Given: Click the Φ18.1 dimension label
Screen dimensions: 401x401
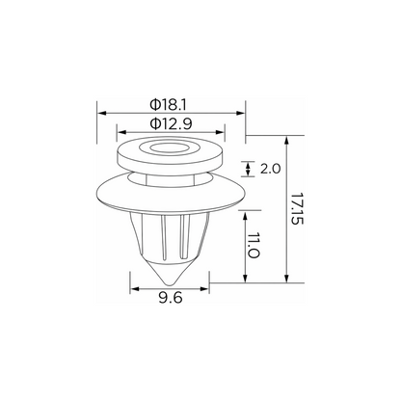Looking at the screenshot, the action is [x=168, y=105].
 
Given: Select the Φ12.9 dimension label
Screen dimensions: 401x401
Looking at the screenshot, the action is [x=172, y=123].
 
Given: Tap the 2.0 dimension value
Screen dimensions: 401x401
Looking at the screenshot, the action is [x=270, y=169].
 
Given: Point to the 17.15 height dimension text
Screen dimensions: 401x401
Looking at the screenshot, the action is [x=297, y=209].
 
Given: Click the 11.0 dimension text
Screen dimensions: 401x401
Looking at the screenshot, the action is [x=254, y=246].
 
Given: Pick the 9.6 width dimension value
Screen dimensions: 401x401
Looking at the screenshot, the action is [x=171, y=298].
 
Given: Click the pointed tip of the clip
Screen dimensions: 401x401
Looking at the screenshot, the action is [x=170, y=284].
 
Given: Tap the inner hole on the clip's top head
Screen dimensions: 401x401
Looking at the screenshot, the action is [x=169, y=148].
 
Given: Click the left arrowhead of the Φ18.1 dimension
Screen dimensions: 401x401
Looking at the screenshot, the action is [x=101, y=113].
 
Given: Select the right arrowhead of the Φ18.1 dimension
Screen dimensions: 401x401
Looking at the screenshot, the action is [x=241, y=113].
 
